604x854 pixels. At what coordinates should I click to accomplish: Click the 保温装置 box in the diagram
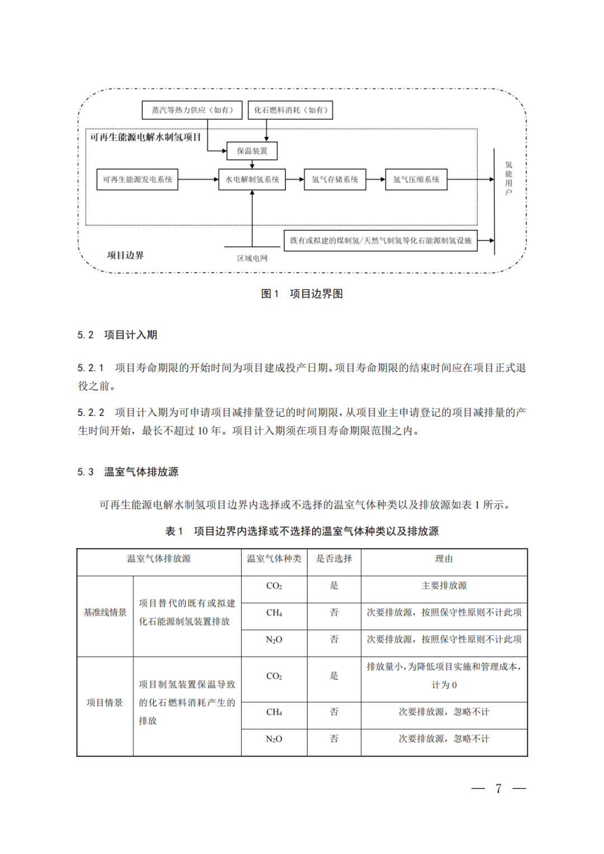(252, 151)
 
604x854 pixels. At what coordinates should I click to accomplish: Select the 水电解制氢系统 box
(252, 180)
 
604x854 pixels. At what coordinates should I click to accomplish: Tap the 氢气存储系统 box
(334, 180)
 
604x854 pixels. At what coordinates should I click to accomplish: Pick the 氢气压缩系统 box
(416, 180)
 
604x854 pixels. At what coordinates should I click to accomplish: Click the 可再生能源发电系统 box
(137, 180)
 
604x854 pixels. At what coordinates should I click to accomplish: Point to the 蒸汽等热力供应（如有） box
(192, 110)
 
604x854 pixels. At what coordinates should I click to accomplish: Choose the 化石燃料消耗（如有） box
(290, 110)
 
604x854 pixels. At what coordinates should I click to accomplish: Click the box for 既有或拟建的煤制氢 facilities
(380, 240)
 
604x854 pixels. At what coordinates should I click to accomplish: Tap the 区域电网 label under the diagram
(252, 258)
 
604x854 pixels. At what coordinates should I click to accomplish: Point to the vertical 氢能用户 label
(508, 178)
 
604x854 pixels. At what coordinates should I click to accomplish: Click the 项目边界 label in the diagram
(125, 256)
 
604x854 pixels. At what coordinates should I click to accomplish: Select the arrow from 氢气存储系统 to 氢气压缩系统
(375, 180)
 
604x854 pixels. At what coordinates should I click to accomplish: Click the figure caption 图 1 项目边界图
(302, 294)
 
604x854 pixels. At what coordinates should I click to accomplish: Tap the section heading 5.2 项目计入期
(117, 335)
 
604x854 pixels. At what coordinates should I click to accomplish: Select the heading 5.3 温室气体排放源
(128, 472)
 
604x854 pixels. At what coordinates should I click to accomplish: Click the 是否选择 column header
(334, 559)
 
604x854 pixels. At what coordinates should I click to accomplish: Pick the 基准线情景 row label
(105, 612)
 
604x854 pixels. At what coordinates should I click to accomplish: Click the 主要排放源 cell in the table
(444, 586)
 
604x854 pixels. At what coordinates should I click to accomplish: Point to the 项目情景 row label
(105, 702)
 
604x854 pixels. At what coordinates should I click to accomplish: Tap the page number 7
(498, 789)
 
